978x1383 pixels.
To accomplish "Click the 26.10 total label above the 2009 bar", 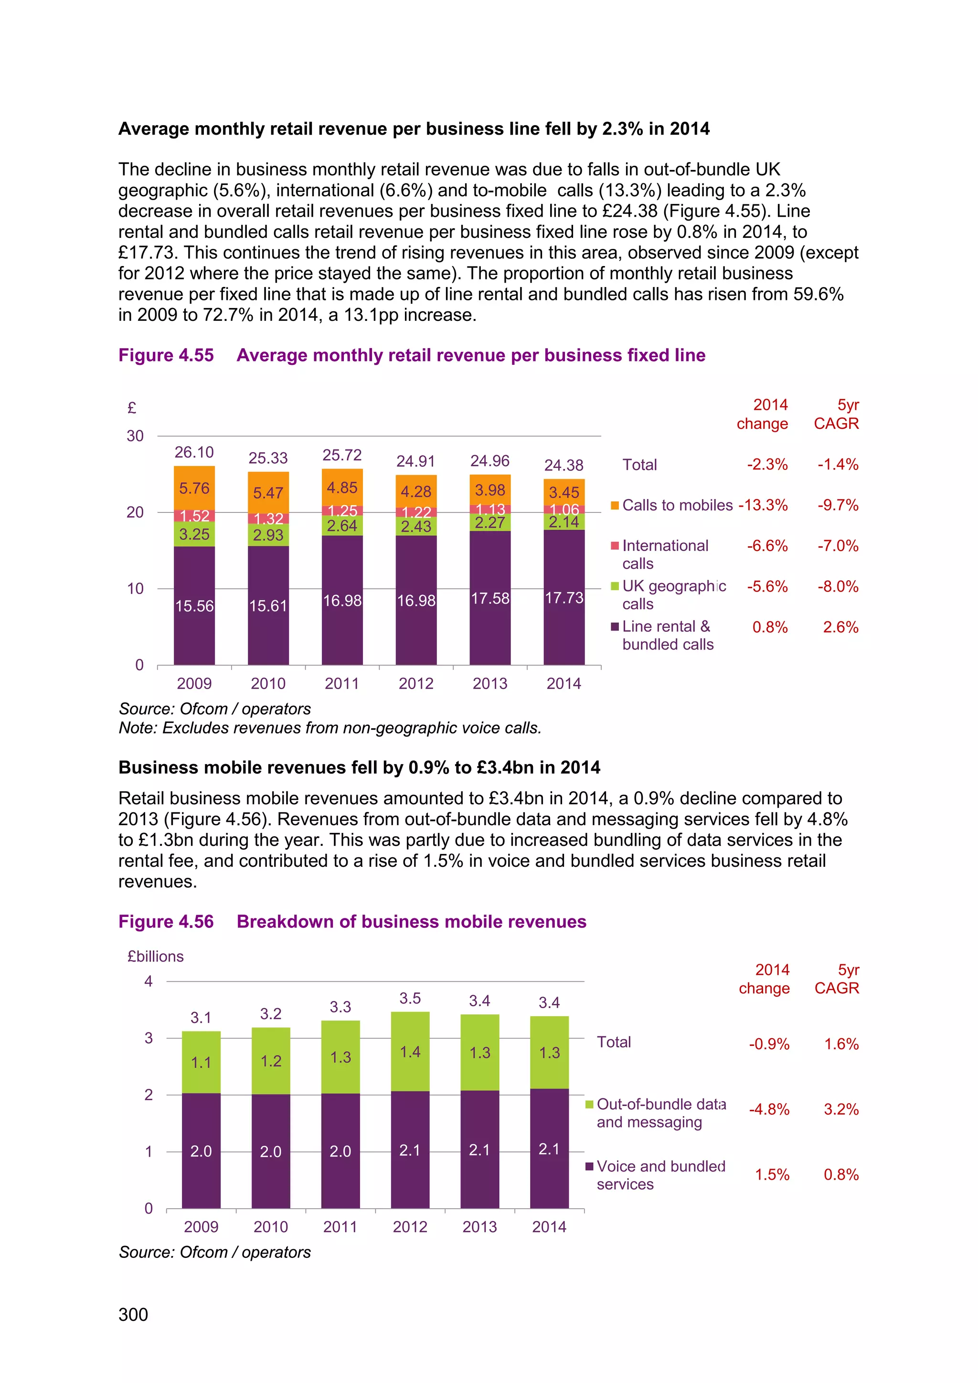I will pos(194,452).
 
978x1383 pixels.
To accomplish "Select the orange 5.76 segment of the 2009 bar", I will pos(194,488).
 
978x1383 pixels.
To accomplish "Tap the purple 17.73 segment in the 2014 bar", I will pos(563,597).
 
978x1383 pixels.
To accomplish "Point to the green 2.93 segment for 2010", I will pos(268,535).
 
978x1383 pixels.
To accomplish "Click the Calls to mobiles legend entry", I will pos(671,505).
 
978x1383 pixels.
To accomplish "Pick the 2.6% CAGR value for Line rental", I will pos(840,627).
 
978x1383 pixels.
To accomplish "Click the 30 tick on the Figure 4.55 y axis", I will pos(135,436).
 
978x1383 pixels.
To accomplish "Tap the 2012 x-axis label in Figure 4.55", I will pos(415,684).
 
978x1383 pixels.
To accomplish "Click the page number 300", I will pos(133,1314).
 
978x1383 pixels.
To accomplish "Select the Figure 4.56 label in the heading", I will pos(166,922).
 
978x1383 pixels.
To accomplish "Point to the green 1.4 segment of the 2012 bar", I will pos(410,1052).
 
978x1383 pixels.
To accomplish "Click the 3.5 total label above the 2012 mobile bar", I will pos(410,998).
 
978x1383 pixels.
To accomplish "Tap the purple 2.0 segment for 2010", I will pos(270,1151).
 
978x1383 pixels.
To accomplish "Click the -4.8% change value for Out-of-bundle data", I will pos(768,1109).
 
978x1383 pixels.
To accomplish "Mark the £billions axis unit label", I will pos(155,957).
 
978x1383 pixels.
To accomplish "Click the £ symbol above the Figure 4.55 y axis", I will pos(132,408).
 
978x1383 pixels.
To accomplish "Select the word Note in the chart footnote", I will pos(136,728).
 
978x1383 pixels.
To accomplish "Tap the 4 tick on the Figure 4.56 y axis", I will pos(148,981).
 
